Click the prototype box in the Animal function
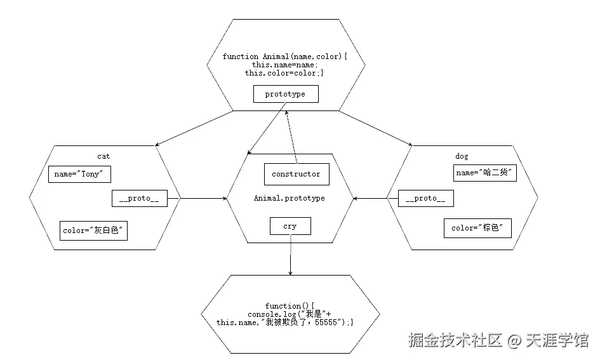(285, 94)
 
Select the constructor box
(296, 174)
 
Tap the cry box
(290, 226)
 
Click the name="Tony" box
(79, 174)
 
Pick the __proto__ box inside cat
(139, 199)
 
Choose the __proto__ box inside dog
(425, 199)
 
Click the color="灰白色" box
(93, 230)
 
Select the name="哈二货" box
(485, 172)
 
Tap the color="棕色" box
(477, 228)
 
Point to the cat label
(103, 156)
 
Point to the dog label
(462, 156)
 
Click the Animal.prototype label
(289, 198)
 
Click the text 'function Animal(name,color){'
(285, 57)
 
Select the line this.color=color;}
(284, 73)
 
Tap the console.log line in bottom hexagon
(290, 314)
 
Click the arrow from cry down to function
(290, 254)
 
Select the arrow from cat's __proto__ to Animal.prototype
(203, 199)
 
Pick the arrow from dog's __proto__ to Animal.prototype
(376, 199)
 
